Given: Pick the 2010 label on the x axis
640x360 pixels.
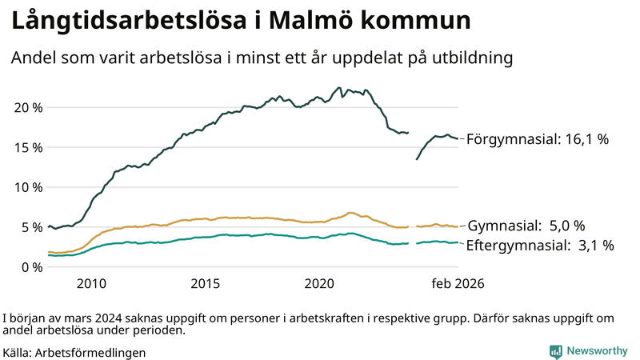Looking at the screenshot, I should coord(91,284).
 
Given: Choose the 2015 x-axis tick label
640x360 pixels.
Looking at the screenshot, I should coord(206,284).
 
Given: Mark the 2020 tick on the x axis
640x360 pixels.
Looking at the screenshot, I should coord(320,284).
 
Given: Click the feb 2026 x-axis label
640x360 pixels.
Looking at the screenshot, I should coord(458,284).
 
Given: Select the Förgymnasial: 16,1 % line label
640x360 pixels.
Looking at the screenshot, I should coord(538,139).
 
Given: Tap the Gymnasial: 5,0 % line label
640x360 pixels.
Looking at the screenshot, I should coord(526,226).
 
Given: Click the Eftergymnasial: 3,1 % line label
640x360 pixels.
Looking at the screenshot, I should coord(540,246).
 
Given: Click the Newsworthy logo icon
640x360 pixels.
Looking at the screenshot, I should coord(555,351).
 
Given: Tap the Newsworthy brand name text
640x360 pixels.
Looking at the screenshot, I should coord(597,351).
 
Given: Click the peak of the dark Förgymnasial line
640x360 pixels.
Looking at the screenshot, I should coord(340,88).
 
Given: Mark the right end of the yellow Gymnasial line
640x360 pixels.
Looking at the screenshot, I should coord(457,227).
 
